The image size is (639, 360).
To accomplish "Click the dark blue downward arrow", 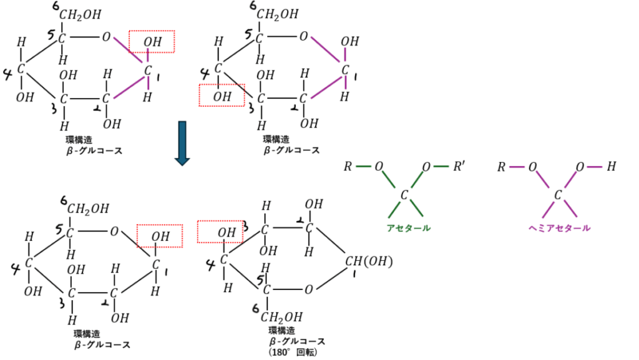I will pos(182,143).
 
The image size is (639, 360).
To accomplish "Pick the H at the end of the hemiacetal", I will pos(611,167).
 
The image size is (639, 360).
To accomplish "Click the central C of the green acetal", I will pos(404,196).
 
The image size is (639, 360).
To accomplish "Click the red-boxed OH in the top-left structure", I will pos(152,42).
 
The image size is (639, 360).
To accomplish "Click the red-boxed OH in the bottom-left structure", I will pos(160,236).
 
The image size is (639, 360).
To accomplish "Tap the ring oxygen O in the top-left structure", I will pos(107,37).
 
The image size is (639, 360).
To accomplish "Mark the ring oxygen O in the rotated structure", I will pos(308,289).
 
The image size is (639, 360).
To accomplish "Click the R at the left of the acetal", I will pos(348,167).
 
